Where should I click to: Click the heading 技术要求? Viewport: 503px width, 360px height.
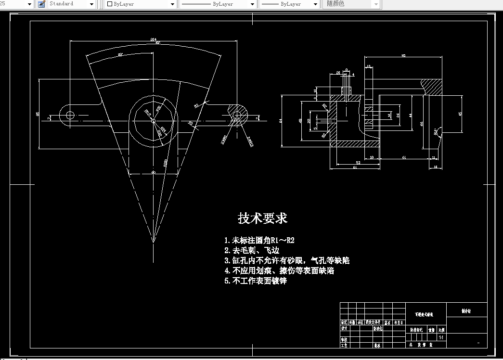[x=262, y=218]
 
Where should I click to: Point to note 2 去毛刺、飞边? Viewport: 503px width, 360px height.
[x=252, y=250]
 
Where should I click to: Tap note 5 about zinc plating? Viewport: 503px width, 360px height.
[x=255, y=281]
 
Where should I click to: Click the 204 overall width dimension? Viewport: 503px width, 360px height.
[x=154, y=39]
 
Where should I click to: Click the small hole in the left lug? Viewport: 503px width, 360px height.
[x=70, y=115]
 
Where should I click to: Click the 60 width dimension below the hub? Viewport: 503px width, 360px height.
[x=154, y=172]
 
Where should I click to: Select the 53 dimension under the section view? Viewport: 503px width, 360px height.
[x=358, y=163]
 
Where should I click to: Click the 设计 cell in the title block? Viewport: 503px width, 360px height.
[x=344, y=328]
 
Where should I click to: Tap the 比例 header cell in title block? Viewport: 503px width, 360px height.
[x=441, y=330]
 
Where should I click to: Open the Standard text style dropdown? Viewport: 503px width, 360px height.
[x=71, y=4]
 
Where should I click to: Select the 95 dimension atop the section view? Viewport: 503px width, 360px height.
[x=403, y=56]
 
